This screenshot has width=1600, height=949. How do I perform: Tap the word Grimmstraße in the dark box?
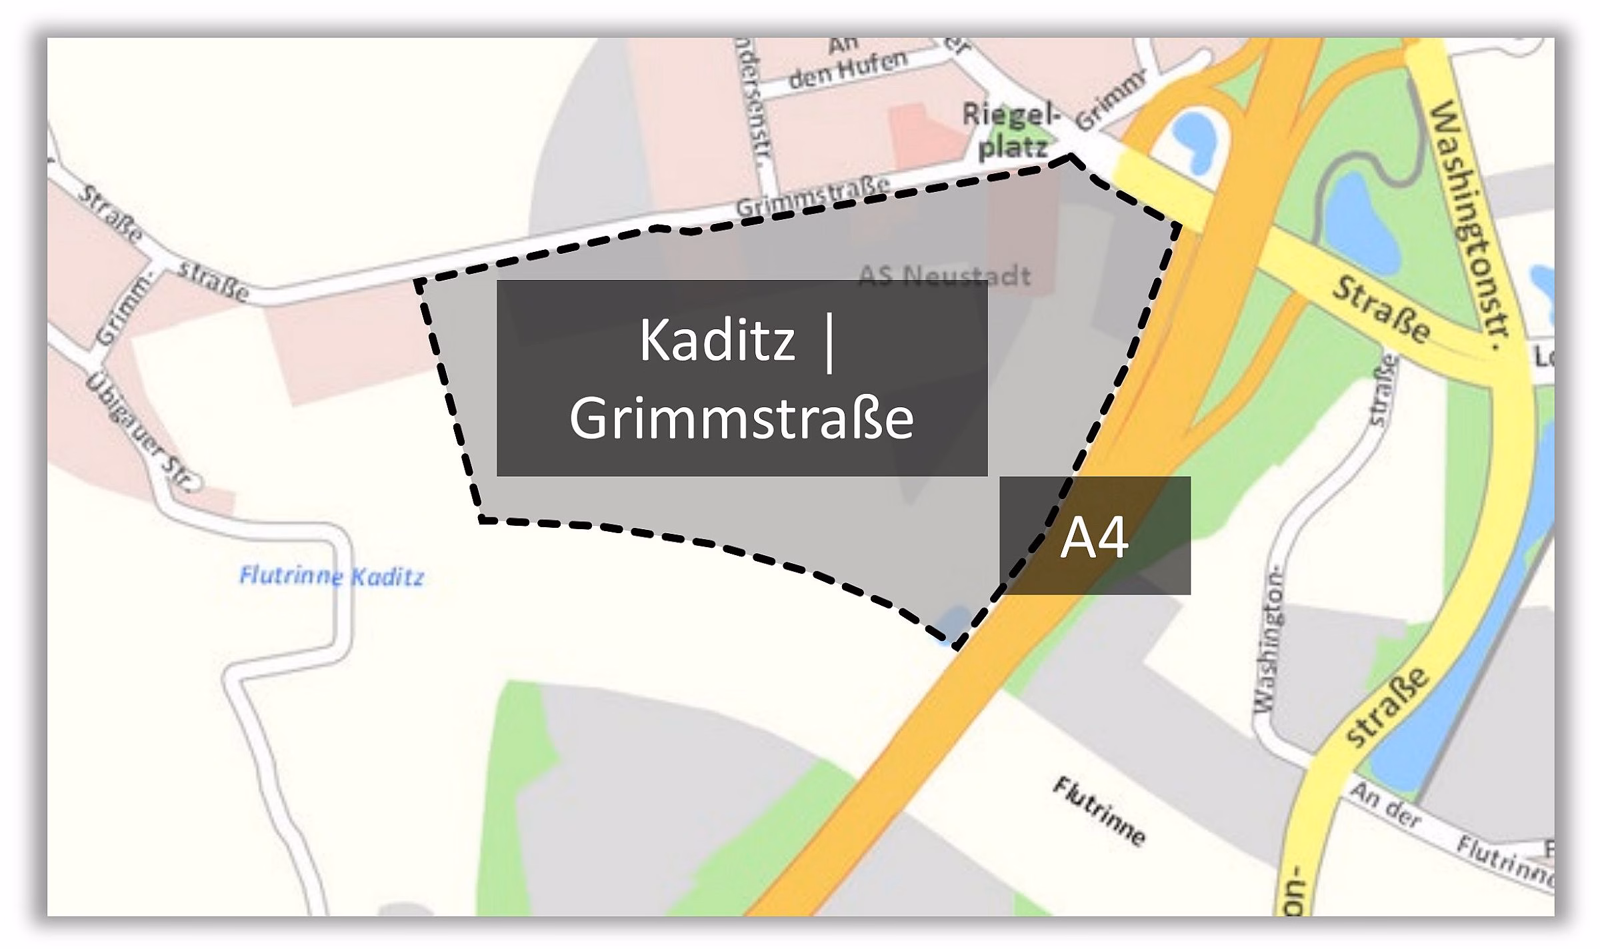tap(741, 419)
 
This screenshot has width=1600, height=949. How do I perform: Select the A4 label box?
tap(1095, 536)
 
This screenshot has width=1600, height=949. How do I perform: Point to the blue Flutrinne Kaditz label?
tap(331, 576)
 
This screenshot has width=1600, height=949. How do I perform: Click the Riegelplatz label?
tap(1011, 132)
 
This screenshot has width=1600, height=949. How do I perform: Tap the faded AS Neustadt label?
tap(944, 275)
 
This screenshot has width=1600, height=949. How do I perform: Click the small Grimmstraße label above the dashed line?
tap(813, 197)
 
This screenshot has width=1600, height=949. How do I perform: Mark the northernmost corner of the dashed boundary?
tap(1071, 156)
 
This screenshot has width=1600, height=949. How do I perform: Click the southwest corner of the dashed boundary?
tap(481, 519)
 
